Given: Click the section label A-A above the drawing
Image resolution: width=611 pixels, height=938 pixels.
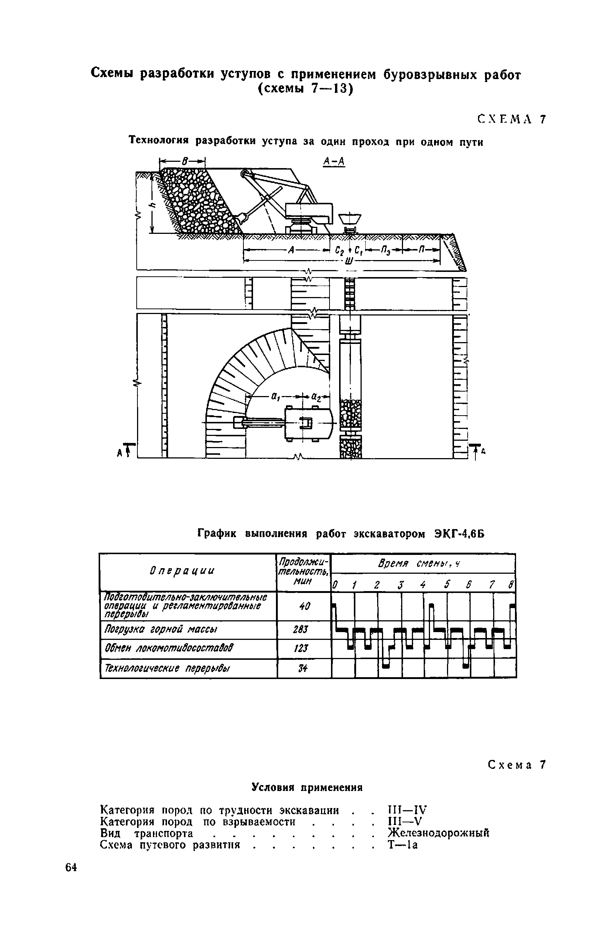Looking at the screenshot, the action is (334, 161).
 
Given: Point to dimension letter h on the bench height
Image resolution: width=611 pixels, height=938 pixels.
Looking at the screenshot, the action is (154, 204).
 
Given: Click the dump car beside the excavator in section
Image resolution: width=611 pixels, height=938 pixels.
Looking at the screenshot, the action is (350, 220).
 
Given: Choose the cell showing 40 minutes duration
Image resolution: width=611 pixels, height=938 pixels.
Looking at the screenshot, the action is (303, 606).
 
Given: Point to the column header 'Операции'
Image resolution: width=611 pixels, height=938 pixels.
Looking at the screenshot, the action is (182, 571).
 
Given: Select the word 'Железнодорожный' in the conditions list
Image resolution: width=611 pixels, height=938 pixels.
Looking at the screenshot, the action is (438, 832).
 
